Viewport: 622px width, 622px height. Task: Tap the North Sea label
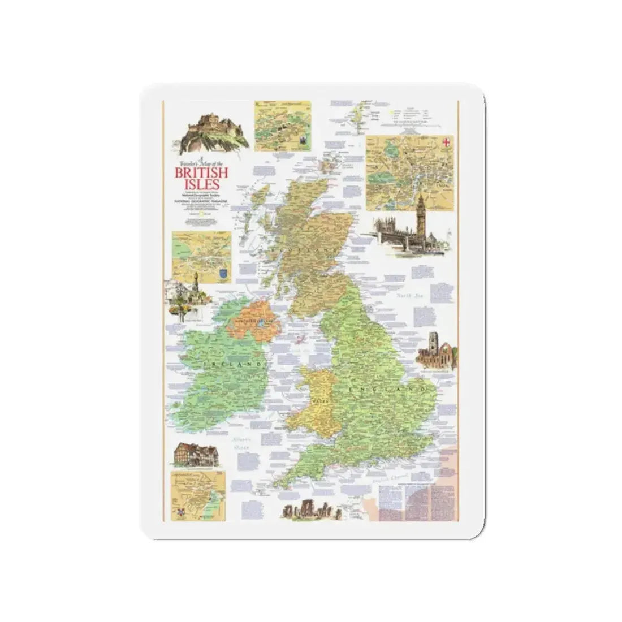pyautogui.click(x=409, y=296)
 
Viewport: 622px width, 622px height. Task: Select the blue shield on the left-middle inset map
pyautogui.click(x=223, y=274)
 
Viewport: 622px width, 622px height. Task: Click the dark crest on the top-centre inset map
pyautogui.click(x=301, y=140)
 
